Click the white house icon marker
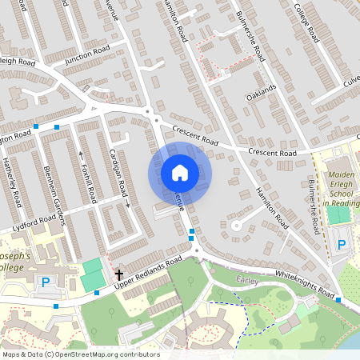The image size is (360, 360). (x=180, y=172)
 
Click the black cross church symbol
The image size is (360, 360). (x=119, y=273)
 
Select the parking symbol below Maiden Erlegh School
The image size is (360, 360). (x=343, y=243)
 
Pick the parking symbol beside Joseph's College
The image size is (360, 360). (x=46, y=282)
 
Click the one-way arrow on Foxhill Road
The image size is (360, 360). (x=81, y=158)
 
